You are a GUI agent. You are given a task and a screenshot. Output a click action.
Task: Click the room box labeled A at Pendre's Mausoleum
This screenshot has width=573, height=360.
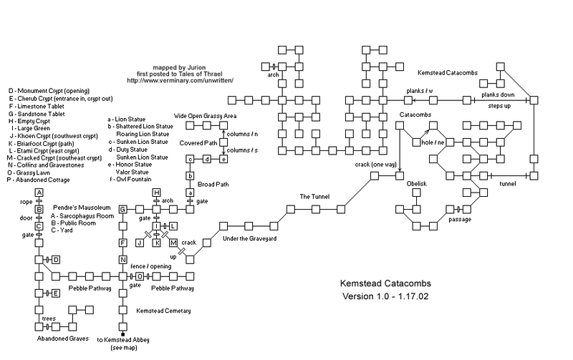[x=39, y=193]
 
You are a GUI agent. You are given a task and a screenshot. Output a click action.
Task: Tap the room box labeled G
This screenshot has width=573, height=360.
[x=122, y=209]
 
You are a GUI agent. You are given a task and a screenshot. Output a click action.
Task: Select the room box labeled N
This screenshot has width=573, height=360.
[x=122, y=260]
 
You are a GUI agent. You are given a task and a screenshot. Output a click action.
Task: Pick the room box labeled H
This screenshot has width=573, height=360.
[x=156, y=193]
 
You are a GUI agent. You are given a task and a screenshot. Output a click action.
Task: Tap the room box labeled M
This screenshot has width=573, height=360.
[x=173, y=243]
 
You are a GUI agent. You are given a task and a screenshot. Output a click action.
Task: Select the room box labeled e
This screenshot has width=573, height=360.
[x=223, y=159]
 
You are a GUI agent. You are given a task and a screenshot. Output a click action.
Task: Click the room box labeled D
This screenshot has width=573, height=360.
[x=55, y=259]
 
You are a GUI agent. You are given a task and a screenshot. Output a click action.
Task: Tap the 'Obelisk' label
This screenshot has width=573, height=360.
[x=416, y=183]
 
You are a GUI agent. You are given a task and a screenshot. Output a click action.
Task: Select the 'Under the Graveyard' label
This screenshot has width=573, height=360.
[x=250, y=238]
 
